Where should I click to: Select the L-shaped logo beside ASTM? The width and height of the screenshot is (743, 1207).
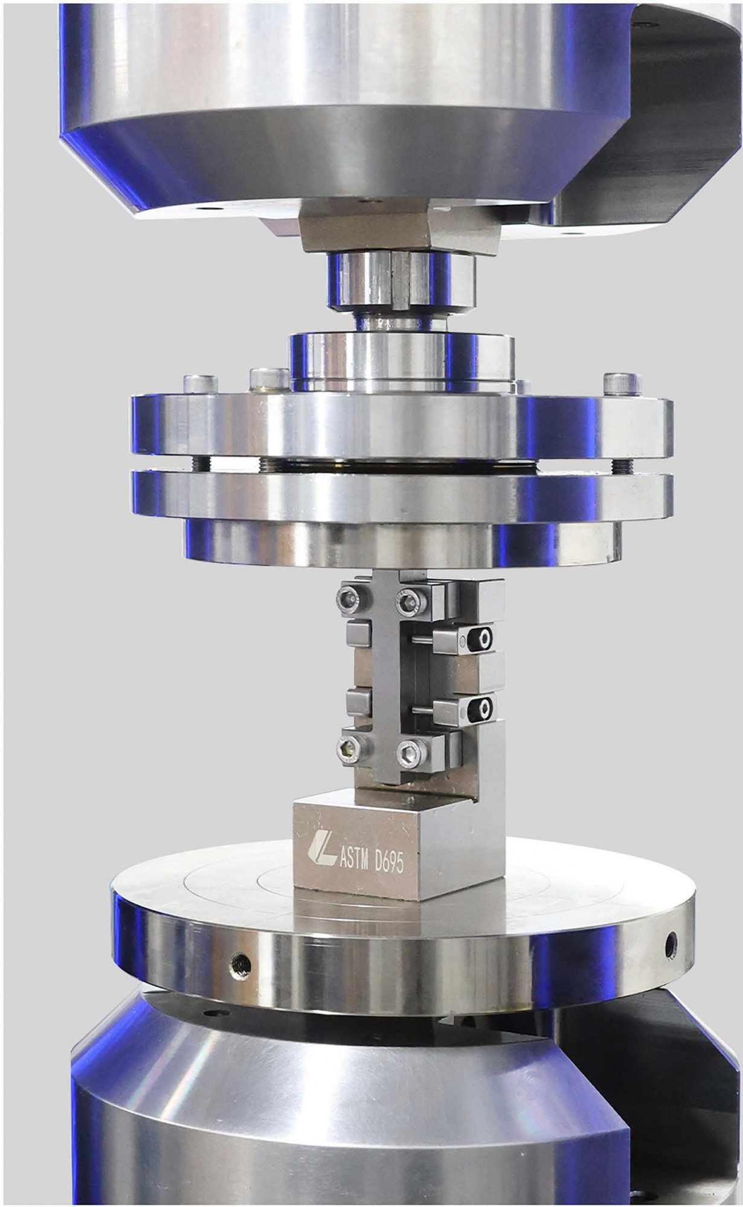pyautogui.click(x=320, y=850)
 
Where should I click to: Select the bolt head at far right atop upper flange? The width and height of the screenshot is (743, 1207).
pyautogui.click(x=617, y=383)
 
